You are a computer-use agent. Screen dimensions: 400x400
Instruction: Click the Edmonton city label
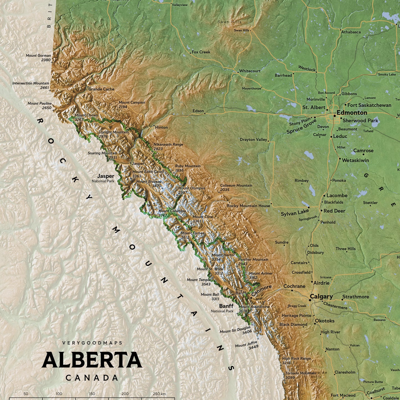click(x=352, y=113)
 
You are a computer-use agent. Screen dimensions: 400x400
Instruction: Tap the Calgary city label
click(x=321, y=296)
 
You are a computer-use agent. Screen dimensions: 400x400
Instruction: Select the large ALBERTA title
click(x=92, y=360)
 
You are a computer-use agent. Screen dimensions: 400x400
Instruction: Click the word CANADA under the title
click(x=92, y=378)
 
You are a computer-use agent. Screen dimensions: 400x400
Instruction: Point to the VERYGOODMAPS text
click(x=92, y=343)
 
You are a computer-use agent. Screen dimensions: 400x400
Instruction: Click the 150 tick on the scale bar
click(x=92, y=394)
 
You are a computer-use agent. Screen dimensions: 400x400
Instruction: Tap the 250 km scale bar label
click(x=159, y=394)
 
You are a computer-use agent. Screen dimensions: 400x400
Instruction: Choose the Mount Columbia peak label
click(x=172, y=211)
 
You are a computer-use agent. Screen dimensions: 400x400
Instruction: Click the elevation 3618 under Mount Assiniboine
click(x=243, y=311)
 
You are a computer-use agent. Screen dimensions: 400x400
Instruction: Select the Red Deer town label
click(x=334, y=211)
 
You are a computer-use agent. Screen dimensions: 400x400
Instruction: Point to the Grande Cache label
click(x=101, y=89)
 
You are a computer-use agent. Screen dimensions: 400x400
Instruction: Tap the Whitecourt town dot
click(x=238, y=73)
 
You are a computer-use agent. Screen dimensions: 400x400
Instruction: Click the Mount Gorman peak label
click(x=38, y=56)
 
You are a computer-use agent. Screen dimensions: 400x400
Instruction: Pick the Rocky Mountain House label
click(x=248, y=206)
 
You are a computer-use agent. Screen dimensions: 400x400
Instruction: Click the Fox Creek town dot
click(x=190, y=53)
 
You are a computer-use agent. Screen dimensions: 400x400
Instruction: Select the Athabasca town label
click(x=351, y=32)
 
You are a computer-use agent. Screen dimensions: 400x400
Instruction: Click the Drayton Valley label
click(x=253, y=140)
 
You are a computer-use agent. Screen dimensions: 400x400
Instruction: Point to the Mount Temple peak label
click(x=198, y=280)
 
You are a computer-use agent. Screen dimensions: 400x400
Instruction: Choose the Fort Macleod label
click(x=343, y=395)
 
